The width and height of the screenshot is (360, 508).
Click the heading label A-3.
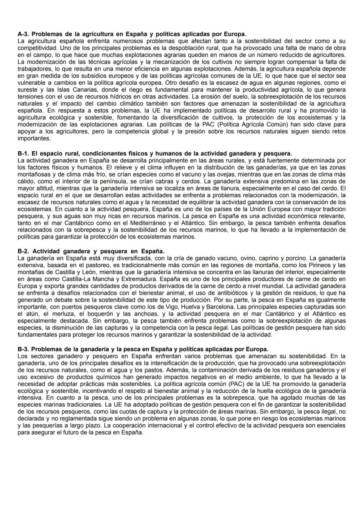23,34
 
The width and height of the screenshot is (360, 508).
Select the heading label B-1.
23,153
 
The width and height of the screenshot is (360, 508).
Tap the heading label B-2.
23,251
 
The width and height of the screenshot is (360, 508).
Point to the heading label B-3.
23,349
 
